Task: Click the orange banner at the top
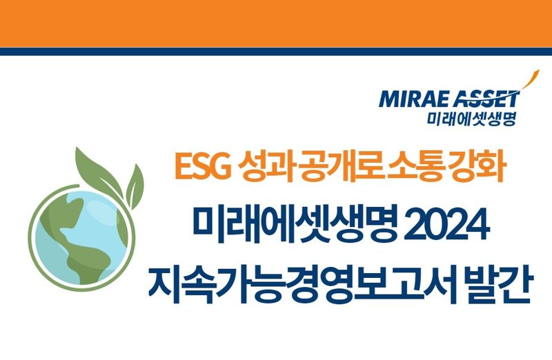(276, 23)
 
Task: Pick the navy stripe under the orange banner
(276, 51)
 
